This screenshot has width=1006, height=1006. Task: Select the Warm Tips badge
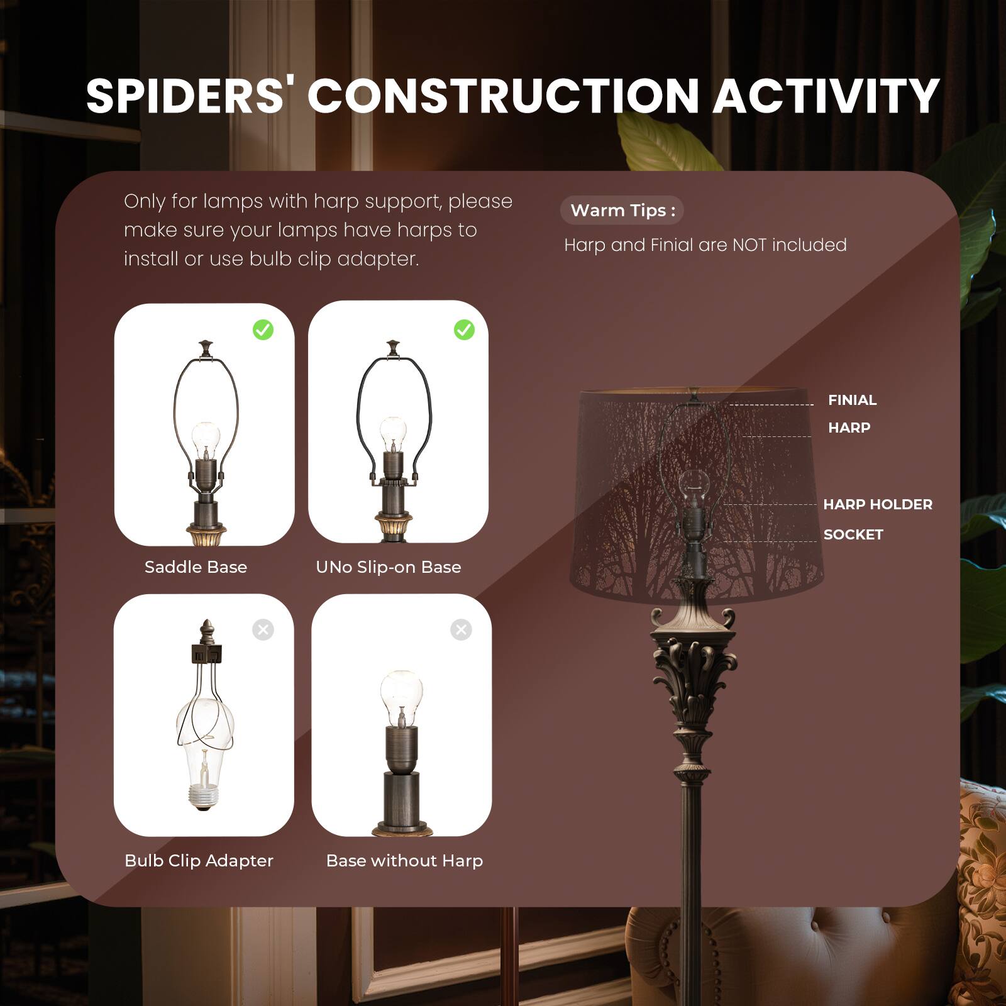622,211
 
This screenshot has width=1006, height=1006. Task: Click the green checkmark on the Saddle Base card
263,329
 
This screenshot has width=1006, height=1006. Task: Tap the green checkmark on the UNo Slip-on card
464,329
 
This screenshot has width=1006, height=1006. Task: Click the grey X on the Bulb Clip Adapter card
263,629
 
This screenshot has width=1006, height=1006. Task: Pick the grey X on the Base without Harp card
461,629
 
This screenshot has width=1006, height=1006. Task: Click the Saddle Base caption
196,567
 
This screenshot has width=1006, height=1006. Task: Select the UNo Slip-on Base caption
389,567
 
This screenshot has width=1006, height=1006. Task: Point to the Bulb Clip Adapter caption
199,861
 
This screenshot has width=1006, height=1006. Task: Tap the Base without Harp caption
404,861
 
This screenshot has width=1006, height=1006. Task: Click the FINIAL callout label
852,400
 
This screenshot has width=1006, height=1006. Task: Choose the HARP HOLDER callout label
877,504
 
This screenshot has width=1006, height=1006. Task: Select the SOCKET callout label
853,534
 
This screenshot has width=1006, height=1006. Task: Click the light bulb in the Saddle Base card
205,437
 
